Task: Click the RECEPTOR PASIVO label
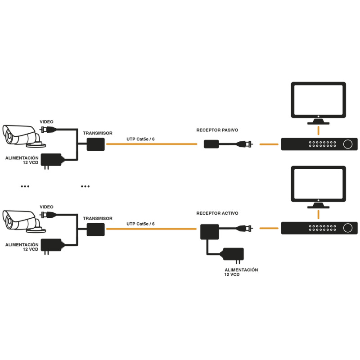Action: pos(217,130)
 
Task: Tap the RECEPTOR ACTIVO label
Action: pos(217,213)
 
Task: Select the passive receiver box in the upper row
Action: pos(211,144)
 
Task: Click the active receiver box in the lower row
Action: pos(208,232)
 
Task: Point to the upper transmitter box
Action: pos(95,144)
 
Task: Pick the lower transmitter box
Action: pos(95,229)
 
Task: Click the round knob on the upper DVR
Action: pos(348,144)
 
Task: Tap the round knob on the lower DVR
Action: pos(348,228)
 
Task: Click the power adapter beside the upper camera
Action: pos(52,160)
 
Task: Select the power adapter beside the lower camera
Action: pos(52,245)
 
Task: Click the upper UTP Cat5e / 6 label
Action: pos(140,139)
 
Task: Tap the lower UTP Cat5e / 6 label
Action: pos(140,224)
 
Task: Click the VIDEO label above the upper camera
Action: pos(47,122)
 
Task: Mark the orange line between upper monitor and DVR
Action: pos(318,130)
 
